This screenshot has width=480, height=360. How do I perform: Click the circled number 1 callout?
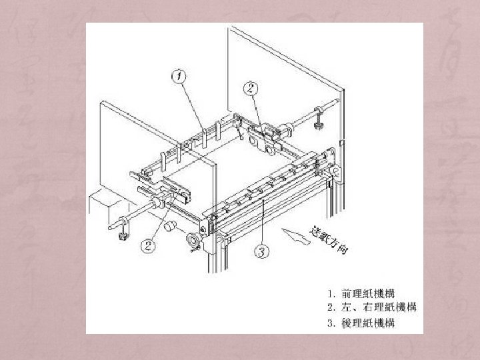click(x=178, y=77)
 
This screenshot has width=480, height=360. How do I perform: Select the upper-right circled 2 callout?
click(x=250, y=88)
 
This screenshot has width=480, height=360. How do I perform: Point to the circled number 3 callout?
click(x=262, y=251)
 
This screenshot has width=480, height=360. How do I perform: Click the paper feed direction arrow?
click(x=296, y=236)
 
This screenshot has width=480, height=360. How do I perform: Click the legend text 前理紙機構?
click(x=367, y=293)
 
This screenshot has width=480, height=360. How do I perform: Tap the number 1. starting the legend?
click(x=331, y=293)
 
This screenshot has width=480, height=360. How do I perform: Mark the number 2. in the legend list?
click(x=331, y=307)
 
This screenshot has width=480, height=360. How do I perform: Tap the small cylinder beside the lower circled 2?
click(x=171, y=227)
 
